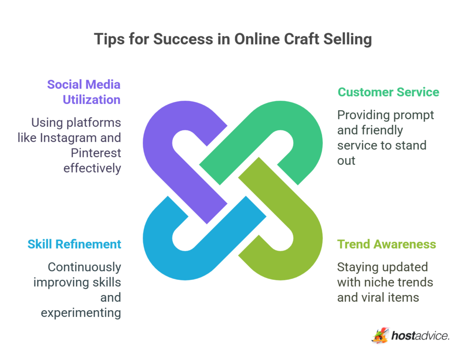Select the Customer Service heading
388,92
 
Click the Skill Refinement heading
74,244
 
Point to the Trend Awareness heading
386,244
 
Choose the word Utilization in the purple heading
91,99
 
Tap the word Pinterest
96,153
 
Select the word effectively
92,168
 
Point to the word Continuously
84,267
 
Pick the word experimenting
81,313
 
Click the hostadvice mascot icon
380,335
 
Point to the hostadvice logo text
420,336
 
